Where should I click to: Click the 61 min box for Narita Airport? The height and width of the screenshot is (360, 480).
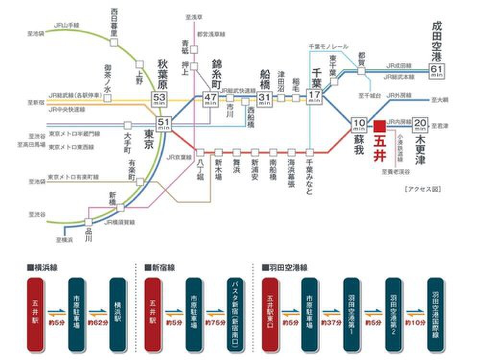tap(437, 70)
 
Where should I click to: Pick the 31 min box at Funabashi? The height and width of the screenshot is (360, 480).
tap(264, 98)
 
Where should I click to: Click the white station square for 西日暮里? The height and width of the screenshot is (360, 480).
tap(114, 42)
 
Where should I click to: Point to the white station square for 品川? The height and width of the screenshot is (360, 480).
tap(88, 222)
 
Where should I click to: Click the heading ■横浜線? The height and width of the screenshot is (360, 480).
tap(43, 267)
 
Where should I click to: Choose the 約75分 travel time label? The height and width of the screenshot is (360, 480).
tap(216, 323)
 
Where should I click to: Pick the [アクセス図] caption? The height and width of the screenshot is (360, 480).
tap(422, 189)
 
